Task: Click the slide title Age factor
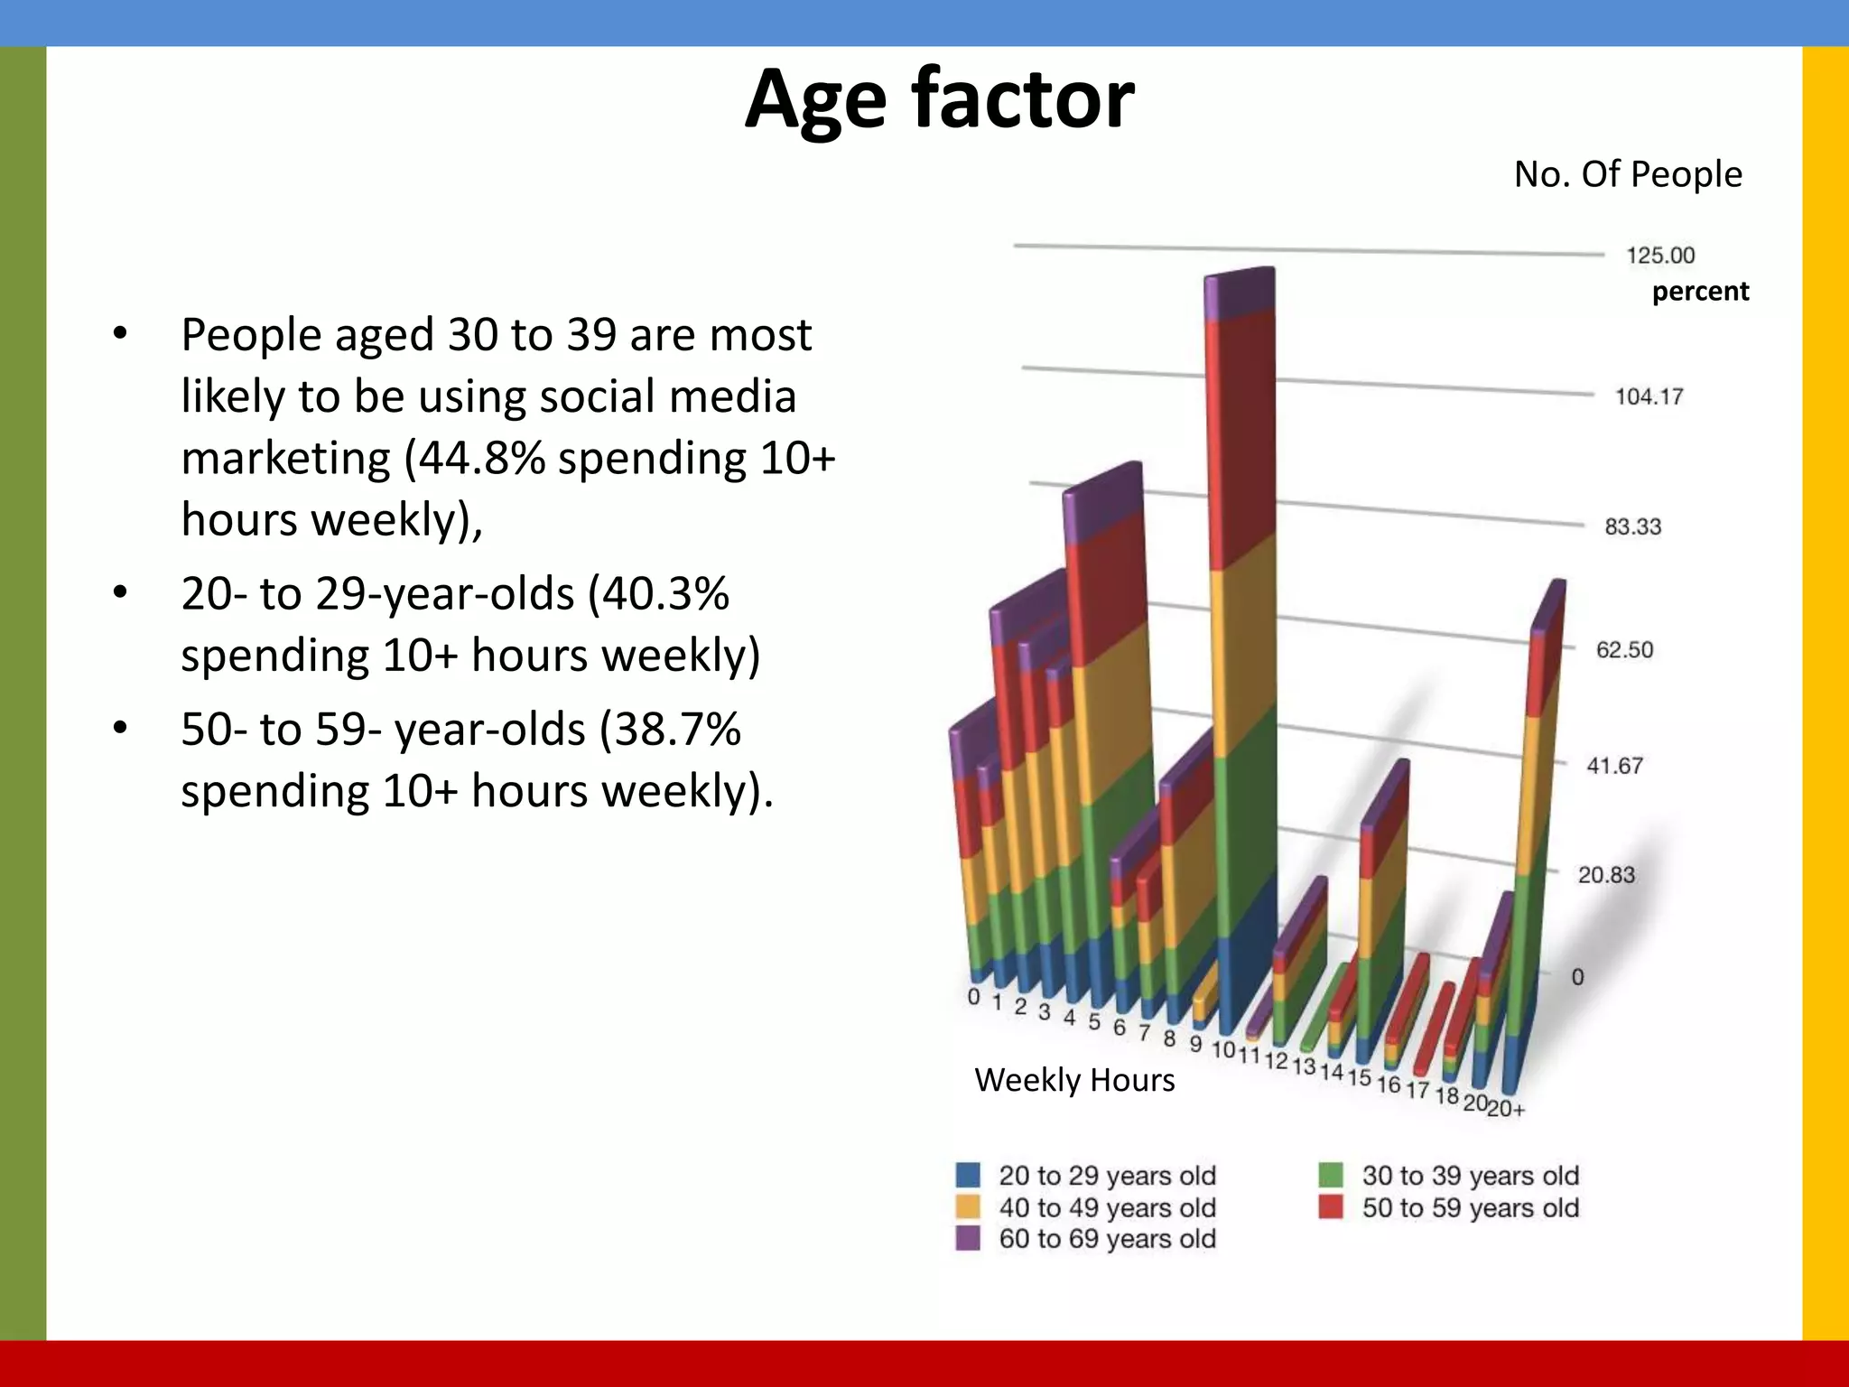[939, 99]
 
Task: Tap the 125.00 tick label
[1660, 256]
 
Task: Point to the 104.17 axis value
[1649, 396]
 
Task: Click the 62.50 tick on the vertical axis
[1624, 650]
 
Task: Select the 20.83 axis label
[1606, 875]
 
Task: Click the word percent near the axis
[1700, 292]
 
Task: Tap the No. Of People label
[1628, 174]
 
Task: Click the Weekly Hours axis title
[1074, 1080]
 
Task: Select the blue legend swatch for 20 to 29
[968, 1175]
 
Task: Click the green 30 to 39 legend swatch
[1331, 1175]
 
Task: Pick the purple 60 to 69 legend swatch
[968, 1238]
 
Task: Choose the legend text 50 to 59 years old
[1470, 1207]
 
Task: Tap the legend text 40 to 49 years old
[1107, 1207]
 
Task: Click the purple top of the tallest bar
[1239, 293]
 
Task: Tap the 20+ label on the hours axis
[1506, 1109]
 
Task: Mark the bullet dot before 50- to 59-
[120, 728]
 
